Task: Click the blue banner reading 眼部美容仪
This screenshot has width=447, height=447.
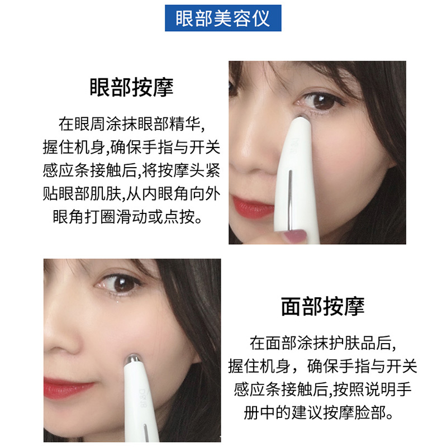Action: (x=223, y=18)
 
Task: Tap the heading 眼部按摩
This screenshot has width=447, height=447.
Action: (x=132, y=88)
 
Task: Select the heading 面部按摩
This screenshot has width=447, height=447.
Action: (x=323, y=306)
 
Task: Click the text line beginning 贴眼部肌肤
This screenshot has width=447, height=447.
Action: (x=132, y=193)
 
